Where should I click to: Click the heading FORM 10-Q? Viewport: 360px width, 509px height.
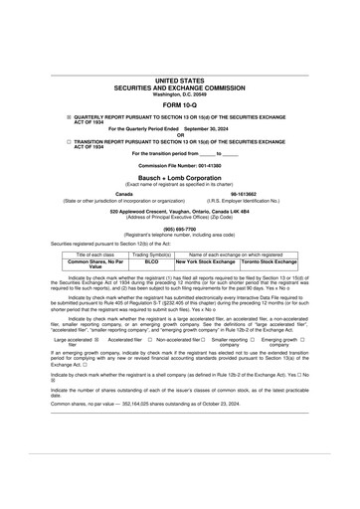pyautogui.click(x=180, y=104)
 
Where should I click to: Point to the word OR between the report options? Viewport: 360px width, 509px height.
pyautogui.click(x=180, y=135)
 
